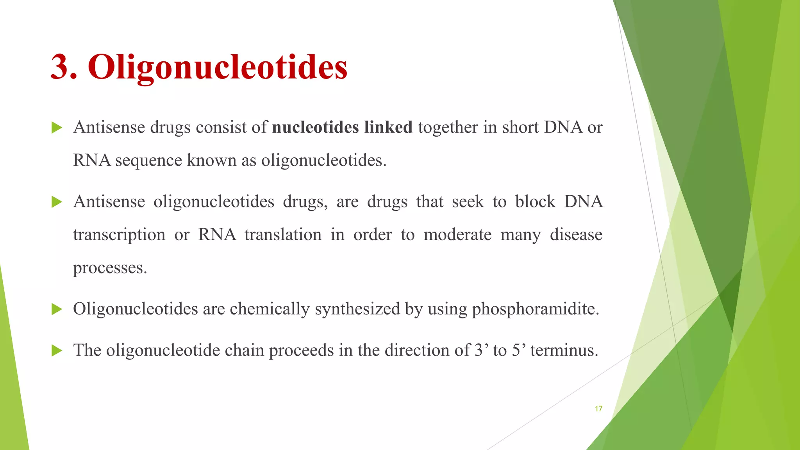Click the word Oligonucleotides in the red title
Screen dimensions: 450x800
coord(218,67)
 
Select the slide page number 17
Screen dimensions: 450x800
coord(598,409)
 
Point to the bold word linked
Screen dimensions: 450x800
coord(388,127)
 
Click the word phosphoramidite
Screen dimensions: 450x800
coord(535,309)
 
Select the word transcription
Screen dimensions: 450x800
coord(119,235)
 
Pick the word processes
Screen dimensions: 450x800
coord(110,268)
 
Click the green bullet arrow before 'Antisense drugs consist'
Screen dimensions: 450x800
coord(57,128)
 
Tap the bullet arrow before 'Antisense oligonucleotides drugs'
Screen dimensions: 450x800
coord(57,202)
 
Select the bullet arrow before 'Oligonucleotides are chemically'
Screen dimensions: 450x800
coord(57,309)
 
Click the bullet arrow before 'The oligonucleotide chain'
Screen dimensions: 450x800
coord(57,350)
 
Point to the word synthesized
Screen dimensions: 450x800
coord(357,309)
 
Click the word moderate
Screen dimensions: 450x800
coord(457,235)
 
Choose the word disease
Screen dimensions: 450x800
coord(576,235)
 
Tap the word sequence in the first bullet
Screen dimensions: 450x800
coord(149,161)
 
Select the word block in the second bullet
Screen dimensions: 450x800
coord(535,202)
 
